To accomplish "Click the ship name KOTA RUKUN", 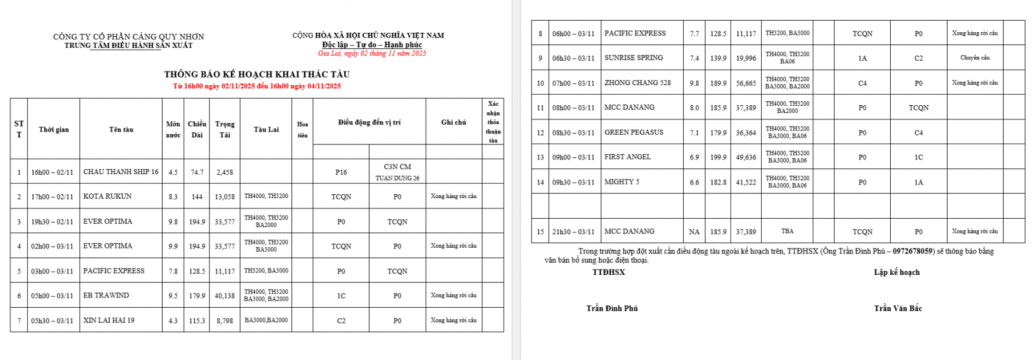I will (x=107, y=196).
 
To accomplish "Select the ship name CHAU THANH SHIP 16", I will (x=121, y=172).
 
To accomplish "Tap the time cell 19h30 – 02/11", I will (x=52, y=222).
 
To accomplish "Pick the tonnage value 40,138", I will (x=224, y=296).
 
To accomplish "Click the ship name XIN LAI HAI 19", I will (x=109, y=321).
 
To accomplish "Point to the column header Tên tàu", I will (x=121, y=130).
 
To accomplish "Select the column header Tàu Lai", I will (x=266, y=130).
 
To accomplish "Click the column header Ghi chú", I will (x=453, y=122).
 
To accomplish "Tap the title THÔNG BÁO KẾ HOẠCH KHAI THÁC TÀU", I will (x=257, y=74).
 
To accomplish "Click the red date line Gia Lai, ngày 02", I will (x=372, y=54).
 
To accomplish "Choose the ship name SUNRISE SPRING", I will (x=633, y=58).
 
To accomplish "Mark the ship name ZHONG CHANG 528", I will (x=637, y=83).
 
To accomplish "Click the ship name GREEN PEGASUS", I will (x=633, y=132).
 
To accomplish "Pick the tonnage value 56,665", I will (x=746, y=83).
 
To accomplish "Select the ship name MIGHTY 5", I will (x=622, y=182).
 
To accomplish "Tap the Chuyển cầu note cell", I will (x=975, y=58).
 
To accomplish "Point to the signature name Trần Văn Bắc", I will (x=898, y=308).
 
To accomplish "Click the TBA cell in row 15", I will (x=787, y=231).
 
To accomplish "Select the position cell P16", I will (x=341, y=172).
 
